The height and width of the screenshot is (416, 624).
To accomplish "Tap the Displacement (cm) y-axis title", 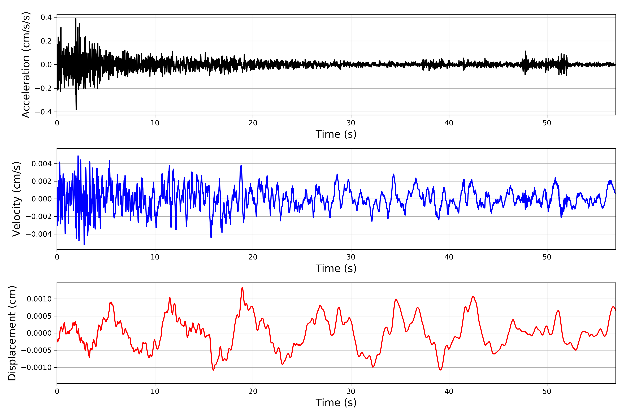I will (12, 333).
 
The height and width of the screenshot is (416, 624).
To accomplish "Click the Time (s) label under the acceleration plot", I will (336, 134).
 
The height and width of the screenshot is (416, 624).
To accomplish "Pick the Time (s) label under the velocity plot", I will (336, 268).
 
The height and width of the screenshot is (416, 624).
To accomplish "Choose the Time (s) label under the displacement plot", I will (336, 403).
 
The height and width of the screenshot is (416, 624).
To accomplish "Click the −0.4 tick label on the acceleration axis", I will (44, 112).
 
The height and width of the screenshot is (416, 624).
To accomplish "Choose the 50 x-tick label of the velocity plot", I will (547, 257).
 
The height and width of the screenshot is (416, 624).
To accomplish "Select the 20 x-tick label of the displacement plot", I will (253, 391).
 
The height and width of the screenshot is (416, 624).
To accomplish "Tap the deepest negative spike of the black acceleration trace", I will (76, 109).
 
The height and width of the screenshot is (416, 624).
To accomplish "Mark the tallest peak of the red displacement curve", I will (242, 287).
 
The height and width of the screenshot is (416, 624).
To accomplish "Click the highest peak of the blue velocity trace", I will (78, 156).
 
